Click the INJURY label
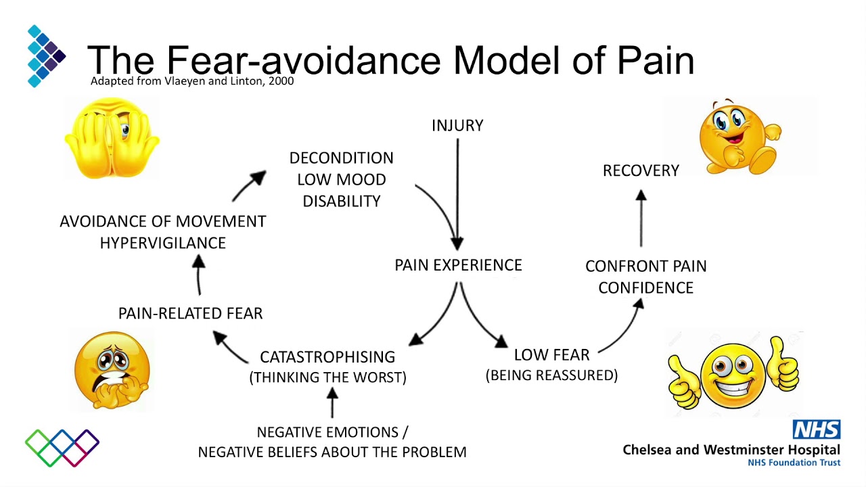pyautogui.click(x=457, y=125)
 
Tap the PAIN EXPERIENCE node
pyautogui.click(x=458, y=265)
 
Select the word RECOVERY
pyautogui.click(x=641, y=170)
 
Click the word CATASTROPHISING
pyautogui.click(x=327, y=356)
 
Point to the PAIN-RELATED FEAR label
pyautogui.click(x=190, y=313)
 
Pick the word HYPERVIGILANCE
pyautogui.click(x=162, y=243)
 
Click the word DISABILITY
pyautogui.click(x=341, y=201)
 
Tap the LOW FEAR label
pyautogui.click(x=551, y=354)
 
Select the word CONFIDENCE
pyautogui.click(x=645, y=287)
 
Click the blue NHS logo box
pyautogui.click(x=817, y=430)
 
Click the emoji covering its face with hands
pyautogui.click(x=112, y=138)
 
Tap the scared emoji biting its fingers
pyautogui.click(x=112, y=371)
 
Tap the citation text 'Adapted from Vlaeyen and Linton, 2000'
pyautogui.click(x=192, y=82)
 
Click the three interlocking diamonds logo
pyautogui.click(x=62, y=448)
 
